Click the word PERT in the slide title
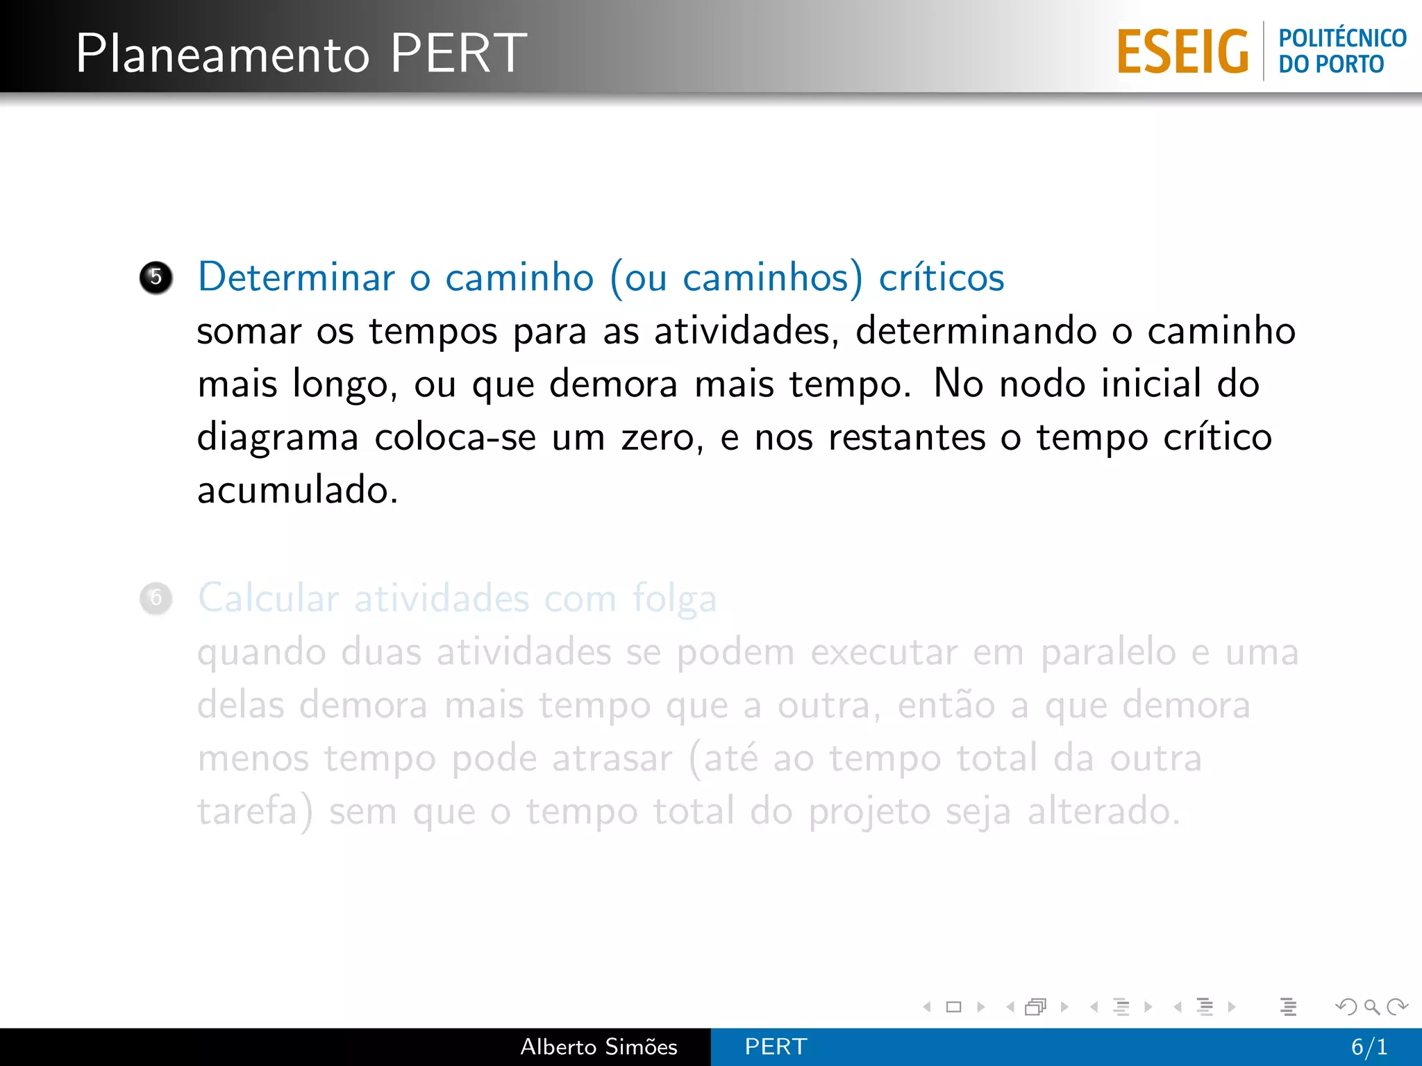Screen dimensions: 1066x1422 (458, 53)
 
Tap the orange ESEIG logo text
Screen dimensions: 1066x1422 (1182, 52)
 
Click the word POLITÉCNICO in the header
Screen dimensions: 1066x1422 (1342, 38)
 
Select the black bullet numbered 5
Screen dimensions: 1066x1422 (156, 278)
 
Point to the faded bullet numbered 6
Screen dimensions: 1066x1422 (156, 598)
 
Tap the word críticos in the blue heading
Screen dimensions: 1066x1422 (942, 278)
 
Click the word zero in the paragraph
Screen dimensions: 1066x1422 (661, 438)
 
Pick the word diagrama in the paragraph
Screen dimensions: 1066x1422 (278, 438)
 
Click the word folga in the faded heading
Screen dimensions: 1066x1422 (674, 598)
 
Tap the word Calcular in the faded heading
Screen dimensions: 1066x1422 (269, 598)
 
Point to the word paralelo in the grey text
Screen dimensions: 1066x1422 (1107, 652)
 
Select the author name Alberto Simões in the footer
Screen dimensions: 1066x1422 (599, 1047)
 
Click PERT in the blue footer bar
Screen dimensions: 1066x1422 (776, 1047)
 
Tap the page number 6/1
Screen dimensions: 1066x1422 (1369, 1047)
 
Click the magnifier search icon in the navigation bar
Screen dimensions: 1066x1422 (1371, 1006)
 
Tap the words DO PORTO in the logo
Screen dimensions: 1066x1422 (1331, 65)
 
